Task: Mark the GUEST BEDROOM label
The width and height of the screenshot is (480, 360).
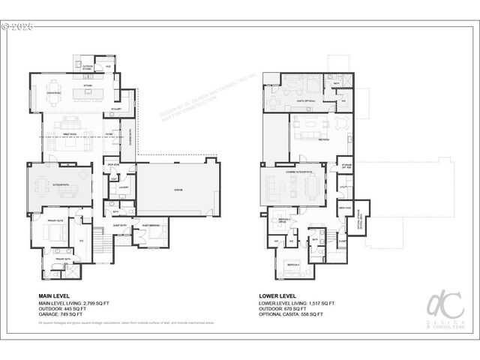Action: pos(151,225)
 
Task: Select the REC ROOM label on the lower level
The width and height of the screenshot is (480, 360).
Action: pos(306,139)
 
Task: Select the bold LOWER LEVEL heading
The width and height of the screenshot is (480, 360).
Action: pos(277,296)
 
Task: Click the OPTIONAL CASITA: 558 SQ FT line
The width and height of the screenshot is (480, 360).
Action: pos(292,313)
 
